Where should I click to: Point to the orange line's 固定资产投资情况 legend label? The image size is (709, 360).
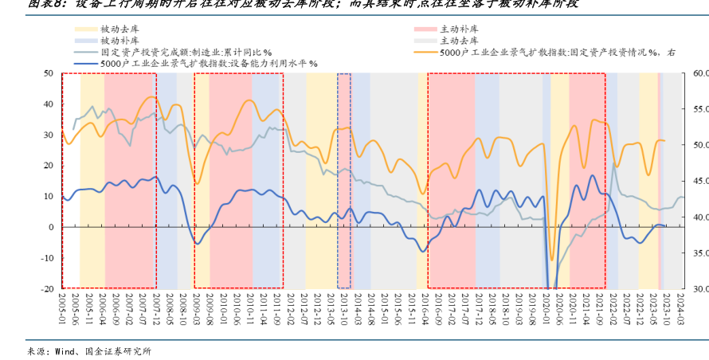557,52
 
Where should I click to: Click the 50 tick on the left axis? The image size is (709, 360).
48,73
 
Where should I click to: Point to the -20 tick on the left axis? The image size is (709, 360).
46,288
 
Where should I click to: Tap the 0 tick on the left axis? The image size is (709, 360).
50,227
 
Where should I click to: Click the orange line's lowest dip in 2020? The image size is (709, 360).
551,260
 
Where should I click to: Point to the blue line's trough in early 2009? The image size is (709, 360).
198,243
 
